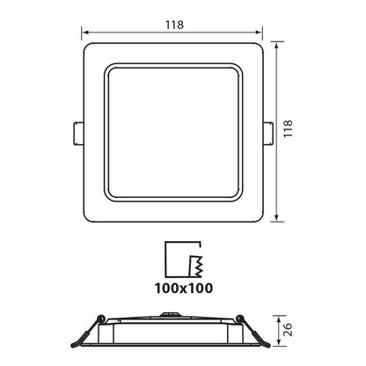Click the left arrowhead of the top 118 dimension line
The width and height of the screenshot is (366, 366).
(85, 36)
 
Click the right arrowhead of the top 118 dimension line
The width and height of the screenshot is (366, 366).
(261, 36)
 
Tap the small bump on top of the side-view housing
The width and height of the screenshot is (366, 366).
(173, 312)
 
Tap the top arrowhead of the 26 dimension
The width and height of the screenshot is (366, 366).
(278, 318)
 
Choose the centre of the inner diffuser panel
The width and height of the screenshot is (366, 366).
(173, 132)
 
